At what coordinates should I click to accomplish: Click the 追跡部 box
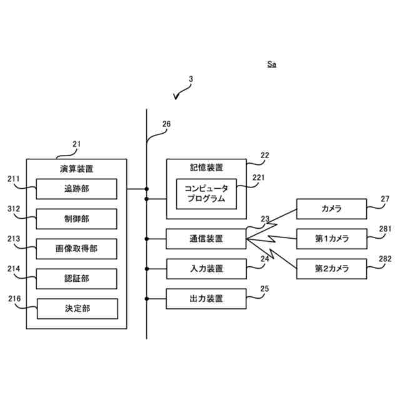[76, 189]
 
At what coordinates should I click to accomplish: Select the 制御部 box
[76, 219]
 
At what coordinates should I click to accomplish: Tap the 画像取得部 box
[76, 249]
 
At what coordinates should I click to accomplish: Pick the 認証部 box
[76, 279]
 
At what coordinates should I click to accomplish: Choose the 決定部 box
[77, 309]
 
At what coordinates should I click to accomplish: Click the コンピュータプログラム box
[206, 194]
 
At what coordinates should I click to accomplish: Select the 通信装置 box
[206, 239]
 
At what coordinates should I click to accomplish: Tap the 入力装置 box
[206, 269]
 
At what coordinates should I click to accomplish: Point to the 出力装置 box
[206, 299]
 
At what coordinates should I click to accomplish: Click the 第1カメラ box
[332, 239]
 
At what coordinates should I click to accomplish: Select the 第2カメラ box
[332, 269]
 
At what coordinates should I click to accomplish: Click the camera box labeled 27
[332, 209]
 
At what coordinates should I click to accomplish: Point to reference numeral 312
[14, 209]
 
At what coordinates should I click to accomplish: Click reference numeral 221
[258, 177]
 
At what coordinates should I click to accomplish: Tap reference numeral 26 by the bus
[167, 124]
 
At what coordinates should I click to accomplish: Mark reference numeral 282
[385, 259]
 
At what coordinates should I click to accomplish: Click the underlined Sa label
[272, 64]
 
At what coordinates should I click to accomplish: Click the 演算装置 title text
[76, 169]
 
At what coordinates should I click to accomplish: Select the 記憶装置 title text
[206, 167]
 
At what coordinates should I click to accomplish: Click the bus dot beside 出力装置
[147, 299]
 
